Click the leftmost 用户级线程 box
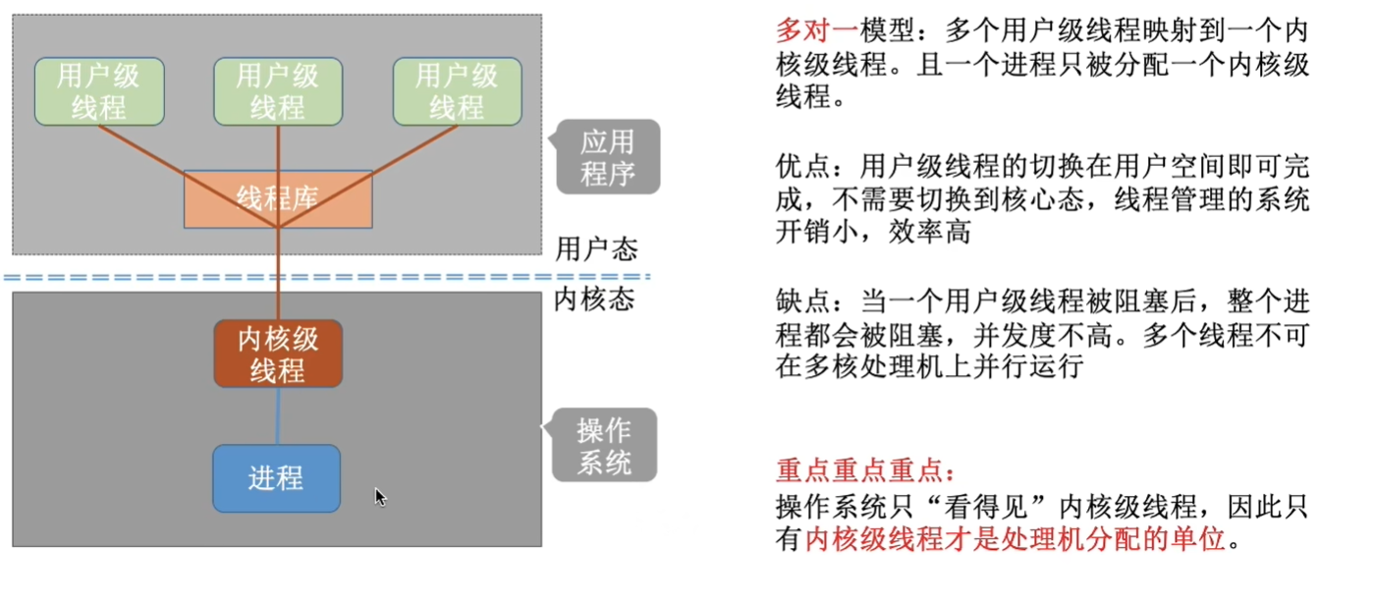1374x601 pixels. (x=99, y=91)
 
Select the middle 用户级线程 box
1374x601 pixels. (x=278, y=91)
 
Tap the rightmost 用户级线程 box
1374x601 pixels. (x=457, y=91)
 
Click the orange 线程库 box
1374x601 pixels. (x=278, y=199)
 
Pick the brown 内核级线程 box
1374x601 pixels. (x=278, y=354)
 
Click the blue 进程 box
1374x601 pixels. (x=276, y=478)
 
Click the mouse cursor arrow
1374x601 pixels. (x=380, y=497)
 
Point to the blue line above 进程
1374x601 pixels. (x=279, y=415)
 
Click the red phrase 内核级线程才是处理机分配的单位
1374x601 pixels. (x=1016, y=540)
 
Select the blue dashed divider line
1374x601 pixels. (x=324, y=277)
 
